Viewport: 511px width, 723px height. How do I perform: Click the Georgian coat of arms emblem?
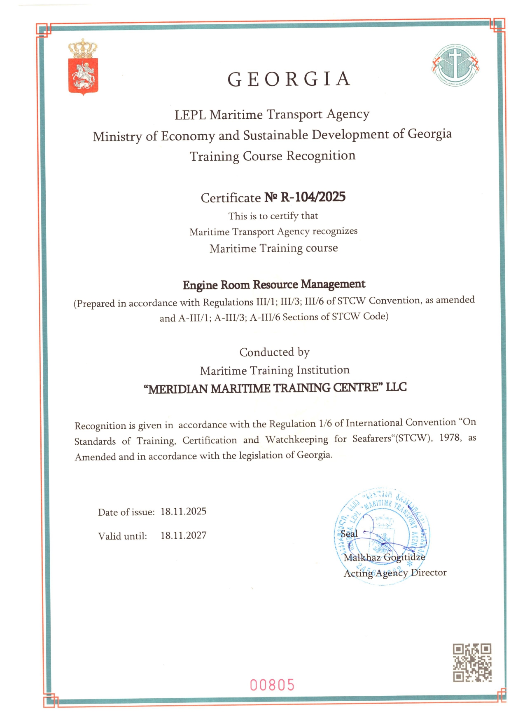click(83, 67)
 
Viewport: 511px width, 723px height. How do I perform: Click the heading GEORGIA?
click(289, 79)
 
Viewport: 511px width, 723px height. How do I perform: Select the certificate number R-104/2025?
click(313, 197)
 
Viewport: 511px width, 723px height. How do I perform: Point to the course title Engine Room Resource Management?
click(274, 284)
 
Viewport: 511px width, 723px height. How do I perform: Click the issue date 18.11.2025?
click(183, 512)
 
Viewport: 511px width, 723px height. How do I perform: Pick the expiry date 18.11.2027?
click(183, 535)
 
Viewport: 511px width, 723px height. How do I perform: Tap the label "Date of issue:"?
click(126, 512)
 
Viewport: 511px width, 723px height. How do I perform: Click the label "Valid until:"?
click(122, 536)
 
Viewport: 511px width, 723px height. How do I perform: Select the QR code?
click(472, 663)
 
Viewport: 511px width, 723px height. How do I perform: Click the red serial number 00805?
click(272, 685)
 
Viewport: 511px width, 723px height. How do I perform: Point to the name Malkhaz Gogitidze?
click(384, 557)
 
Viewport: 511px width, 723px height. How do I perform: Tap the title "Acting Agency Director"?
click(395, 573)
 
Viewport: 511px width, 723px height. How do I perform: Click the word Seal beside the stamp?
click(349, 534)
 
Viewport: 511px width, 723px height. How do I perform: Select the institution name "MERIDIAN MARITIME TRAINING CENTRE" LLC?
click(275, 388)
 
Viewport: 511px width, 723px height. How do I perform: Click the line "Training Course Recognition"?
click(273, 156)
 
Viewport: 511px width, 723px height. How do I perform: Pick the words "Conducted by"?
click(274, 352)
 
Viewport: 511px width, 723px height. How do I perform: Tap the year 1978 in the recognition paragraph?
click(450, 437)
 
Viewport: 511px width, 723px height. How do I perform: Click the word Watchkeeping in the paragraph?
click(296, 439)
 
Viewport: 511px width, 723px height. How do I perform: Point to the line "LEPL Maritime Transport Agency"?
click(272, 114)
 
